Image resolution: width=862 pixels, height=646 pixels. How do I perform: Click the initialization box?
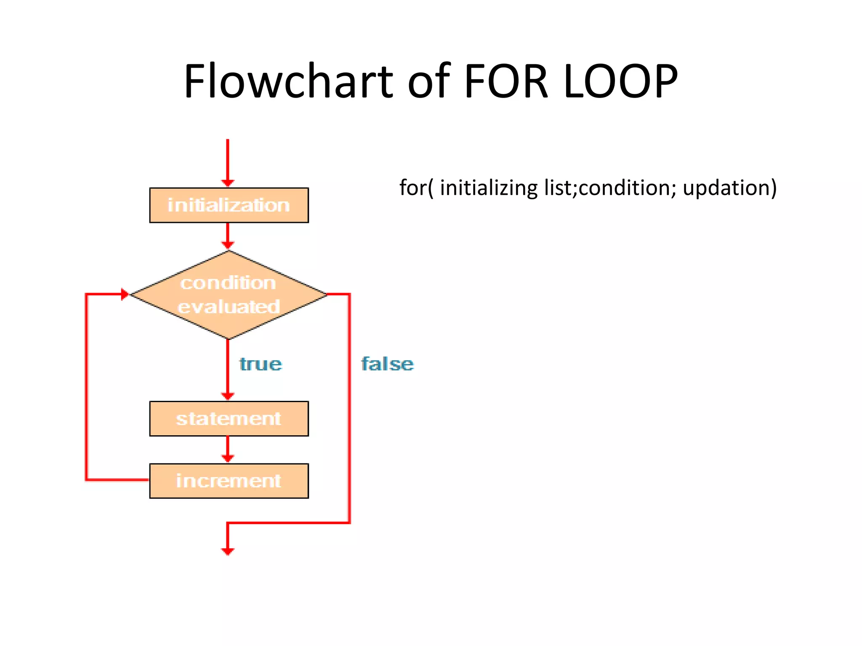[x=229, y=205]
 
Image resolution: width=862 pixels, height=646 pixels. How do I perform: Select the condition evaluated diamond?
[x=229, y=294]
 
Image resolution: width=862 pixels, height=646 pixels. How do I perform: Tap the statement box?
[x=229, y=418]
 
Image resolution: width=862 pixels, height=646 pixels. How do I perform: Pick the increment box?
[x=229, y=481]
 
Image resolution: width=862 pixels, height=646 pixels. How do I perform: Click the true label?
[x=261, y=364]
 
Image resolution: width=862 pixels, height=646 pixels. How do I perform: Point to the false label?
[x=387, y=364]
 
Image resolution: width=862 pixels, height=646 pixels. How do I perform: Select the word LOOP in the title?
[x=620, y=81]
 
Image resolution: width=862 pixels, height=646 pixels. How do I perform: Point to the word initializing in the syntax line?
[x=489, y=188]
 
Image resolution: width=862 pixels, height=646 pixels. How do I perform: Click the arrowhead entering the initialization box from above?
[x=228, y=183]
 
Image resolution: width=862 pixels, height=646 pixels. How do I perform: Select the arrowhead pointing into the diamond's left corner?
[x=124, y=294]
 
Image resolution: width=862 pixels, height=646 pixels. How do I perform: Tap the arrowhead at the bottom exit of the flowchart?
[x=228, y=551]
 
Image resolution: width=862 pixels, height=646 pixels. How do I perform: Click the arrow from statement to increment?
[x=228, y=449]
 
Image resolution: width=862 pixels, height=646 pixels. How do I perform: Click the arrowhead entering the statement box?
[x=228, y=396]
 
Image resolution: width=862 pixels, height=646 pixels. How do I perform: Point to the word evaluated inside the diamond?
[x=229, y=307]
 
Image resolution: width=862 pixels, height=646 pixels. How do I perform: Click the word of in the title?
[x=429, y=81]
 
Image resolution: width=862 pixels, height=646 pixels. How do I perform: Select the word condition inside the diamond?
[x=228, y=283]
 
